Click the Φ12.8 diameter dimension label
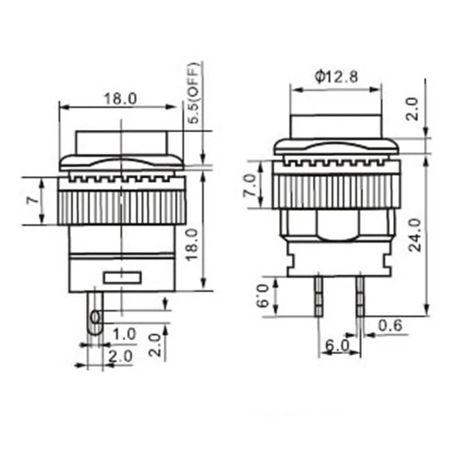pyautogui.click(x=336, y=77)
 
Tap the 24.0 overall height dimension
pyautogui.click(x=415, y=235)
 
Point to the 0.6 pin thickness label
pyautogui.click(x=390, y=325)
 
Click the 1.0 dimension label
pyautogui.click(x=125, y=334)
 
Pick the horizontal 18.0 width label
pyautogui.click(x=120, y=98)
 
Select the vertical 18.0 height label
pyautogui.click(x=192, y=245)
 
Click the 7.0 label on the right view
pyautogui.click(x=250, y=185)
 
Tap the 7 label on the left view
pyautogui.click(x=33, y=200)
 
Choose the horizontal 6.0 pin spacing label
pyautogui.click(x=337, y=345)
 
